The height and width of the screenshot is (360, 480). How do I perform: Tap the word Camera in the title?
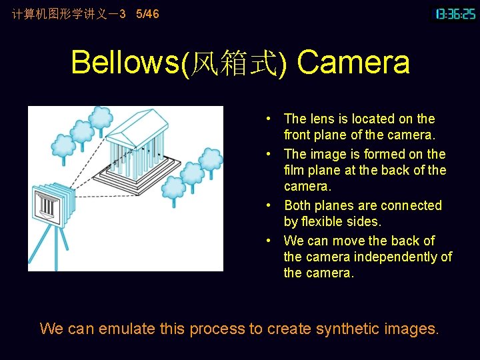tap(353, 63)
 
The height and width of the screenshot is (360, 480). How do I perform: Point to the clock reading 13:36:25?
tap(455, 13)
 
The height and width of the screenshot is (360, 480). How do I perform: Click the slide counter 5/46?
tap(147, 13)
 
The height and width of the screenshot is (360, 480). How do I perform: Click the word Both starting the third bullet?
tap(297, 205)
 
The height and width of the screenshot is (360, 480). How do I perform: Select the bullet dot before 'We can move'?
tap(267, 241)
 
